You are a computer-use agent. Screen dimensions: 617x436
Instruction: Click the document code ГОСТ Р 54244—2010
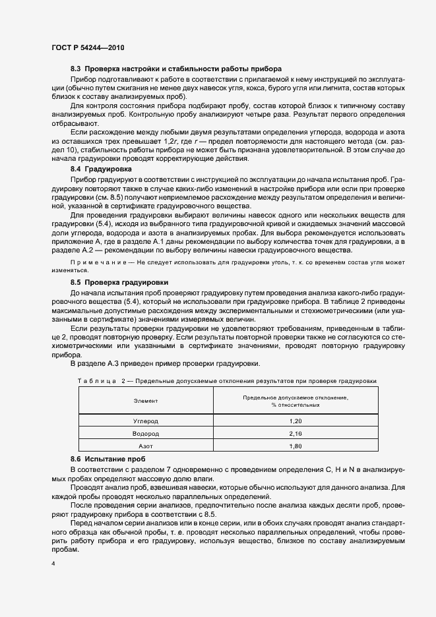(88, 47)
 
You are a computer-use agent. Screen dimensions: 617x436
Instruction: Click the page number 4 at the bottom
(53, 565)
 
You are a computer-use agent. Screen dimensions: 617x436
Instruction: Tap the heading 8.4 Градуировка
(101, 169)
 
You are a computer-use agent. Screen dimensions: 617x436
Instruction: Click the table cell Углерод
(146, 421)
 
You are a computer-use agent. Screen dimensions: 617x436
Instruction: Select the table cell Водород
(146, 434)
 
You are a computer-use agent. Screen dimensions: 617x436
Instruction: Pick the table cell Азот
(146, 446)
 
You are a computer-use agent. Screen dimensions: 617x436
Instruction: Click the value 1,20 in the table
(295, 421)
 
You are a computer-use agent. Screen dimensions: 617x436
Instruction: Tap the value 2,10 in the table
(295, 434)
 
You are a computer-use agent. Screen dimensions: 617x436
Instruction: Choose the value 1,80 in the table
(295, 446)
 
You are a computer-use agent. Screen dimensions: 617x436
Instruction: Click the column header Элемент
(146, 401)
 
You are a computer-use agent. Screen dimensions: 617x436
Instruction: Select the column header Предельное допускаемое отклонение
(295, 397)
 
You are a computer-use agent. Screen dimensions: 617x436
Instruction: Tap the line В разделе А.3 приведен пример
(165, 363)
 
